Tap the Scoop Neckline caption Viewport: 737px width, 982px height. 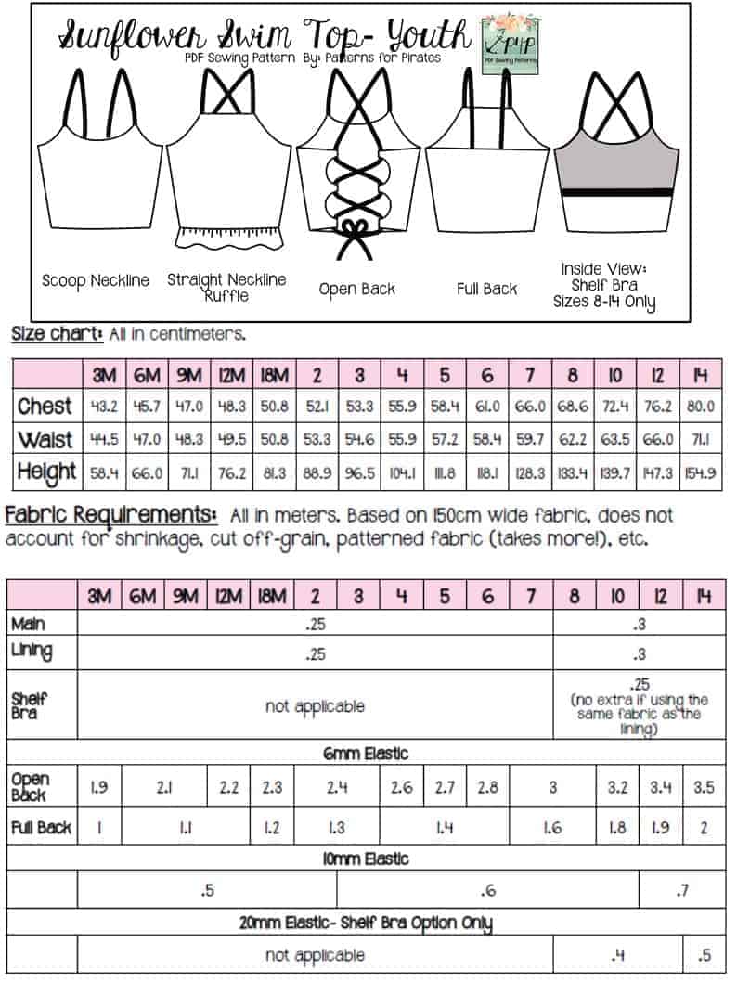point(96,280)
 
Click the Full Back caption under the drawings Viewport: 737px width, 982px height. point(486,289)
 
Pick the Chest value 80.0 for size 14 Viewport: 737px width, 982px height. point(701,407)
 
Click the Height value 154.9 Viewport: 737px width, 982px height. point(701,472)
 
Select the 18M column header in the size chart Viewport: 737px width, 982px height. point(271,375)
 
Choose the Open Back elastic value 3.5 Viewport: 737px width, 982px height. point(705,788)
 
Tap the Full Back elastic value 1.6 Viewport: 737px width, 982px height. point(552,828)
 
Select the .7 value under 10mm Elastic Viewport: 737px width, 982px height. point(682,891)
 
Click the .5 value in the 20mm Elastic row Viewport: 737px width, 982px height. point(705,955)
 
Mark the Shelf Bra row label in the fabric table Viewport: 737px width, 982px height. point(30,705)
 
